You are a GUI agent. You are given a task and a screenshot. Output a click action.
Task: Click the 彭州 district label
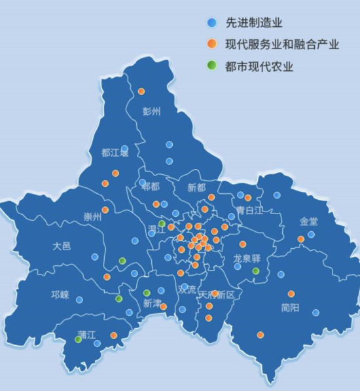coord(151,111)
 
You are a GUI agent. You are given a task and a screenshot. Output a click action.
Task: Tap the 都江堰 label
coord(115,153)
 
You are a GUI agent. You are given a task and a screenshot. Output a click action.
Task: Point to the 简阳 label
coord(290,307)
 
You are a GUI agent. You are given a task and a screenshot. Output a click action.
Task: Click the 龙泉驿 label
coord(247,259)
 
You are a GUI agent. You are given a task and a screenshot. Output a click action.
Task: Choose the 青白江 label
coord(249,211)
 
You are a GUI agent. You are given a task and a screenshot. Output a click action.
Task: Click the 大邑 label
coord(62,246)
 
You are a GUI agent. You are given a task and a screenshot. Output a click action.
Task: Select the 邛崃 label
coord(60,295)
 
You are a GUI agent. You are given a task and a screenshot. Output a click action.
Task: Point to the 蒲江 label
coord(86,334)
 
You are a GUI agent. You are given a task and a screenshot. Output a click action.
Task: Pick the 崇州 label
coord(92,216)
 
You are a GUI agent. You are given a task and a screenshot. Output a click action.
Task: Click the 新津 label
coord(151,303)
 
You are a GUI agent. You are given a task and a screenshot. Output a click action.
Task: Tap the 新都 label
coord(196,187)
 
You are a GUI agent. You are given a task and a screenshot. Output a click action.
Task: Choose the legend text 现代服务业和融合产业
coord(281,45)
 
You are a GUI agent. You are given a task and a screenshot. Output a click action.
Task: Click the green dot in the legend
coord(211,66)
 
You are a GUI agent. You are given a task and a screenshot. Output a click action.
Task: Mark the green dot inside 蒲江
coord(79,339)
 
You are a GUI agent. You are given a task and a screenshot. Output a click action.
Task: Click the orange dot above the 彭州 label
coord(141,91)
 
